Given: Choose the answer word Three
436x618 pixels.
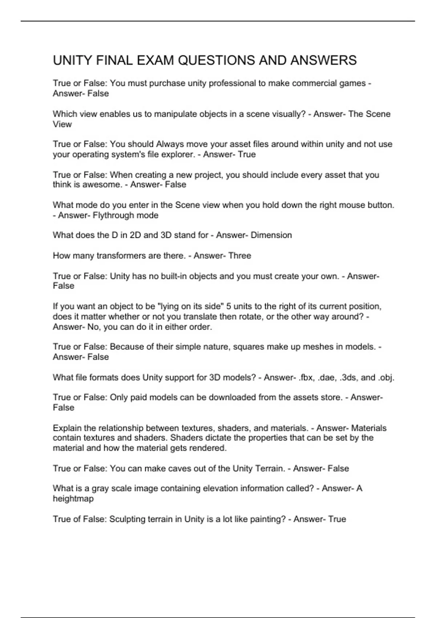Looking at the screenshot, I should (239, 256).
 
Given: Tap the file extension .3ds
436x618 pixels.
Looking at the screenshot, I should (348, 377).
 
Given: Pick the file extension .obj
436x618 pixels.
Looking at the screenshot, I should (386, 377).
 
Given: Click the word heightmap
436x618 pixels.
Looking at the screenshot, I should (73, 498).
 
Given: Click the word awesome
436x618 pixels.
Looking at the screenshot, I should (106, 185).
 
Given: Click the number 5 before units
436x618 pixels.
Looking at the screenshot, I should (229, 306).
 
